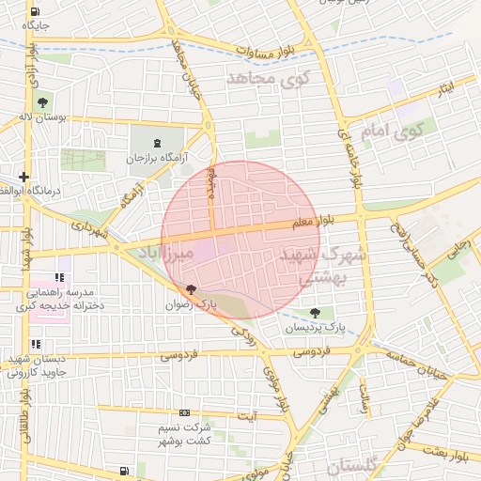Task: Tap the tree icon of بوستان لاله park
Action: [x=42, y=101]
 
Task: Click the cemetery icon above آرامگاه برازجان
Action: [x=157, y=143]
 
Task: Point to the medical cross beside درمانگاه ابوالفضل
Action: [x=23, y=176]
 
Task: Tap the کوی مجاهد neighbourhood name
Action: [x=268, y=81]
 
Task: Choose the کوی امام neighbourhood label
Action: [x=394, y=132]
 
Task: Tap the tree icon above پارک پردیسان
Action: [x=314, y=313]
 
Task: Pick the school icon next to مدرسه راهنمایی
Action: [x=59, y=278]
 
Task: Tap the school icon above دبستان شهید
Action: [x=36, y=344]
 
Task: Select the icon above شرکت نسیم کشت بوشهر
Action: [x=184, y=412]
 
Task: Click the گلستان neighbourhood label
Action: [x=354, y=465]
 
